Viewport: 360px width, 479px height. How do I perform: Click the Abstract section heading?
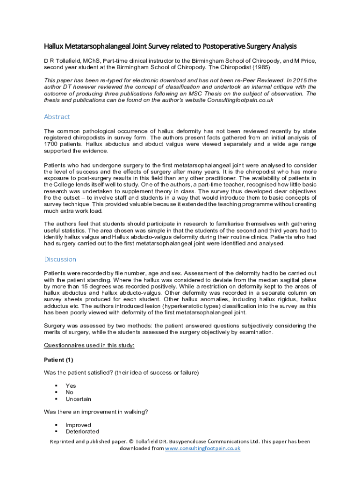(57, 117)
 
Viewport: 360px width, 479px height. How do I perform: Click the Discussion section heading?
(60, 259)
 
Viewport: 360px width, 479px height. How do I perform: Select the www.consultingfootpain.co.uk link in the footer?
(203, 448)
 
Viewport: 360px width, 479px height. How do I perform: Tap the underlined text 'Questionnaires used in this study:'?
(89, 346)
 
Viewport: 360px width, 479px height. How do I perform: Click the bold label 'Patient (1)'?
(58, 360)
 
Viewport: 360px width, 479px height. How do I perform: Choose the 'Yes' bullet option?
(71, 386)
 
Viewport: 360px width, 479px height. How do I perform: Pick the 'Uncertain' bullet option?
(78, 399)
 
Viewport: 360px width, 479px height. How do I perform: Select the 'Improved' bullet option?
(78, 425)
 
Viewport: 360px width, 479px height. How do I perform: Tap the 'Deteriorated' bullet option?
(82, 432)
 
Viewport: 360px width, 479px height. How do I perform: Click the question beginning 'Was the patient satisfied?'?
(121, 372)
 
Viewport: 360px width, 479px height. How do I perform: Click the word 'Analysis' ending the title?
(281, 46)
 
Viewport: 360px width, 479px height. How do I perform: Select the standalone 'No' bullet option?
(70, 392)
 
